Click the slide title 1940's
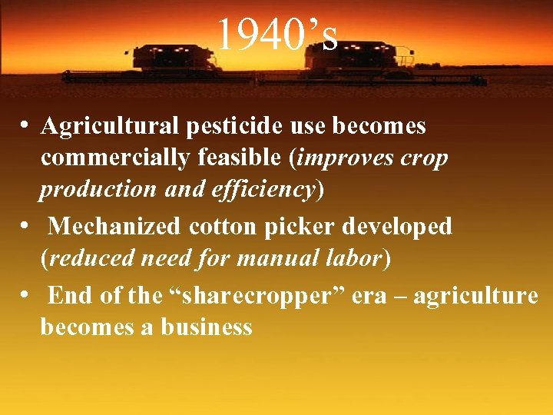[x=276, y=35]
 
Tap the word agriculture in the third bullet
[x=476, y=296]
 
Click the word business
[x=207, y=328]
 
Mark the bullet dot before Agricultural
[x=26, y=124]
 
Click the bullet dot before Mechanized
[x=26, y=225]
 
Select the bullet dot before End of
[x=26, y=294]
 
